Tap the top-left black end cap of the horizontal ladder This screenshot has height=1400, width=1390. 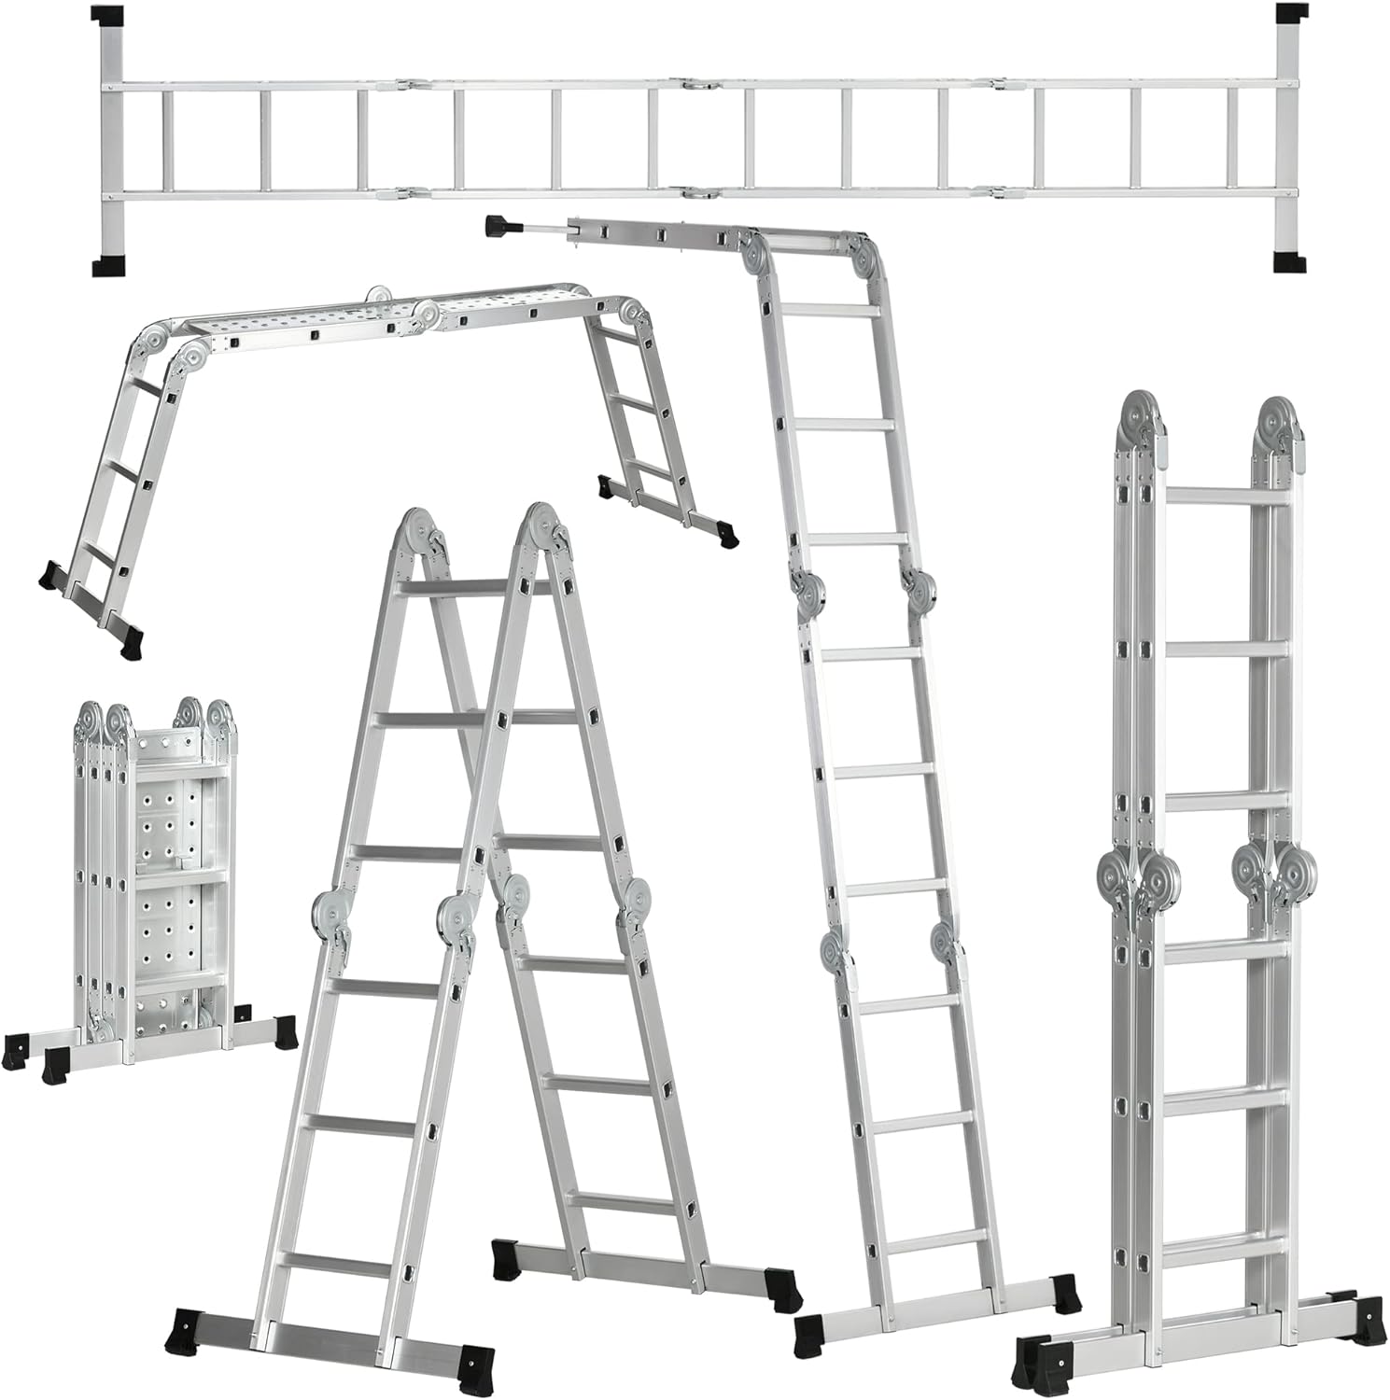(x=108, y=16)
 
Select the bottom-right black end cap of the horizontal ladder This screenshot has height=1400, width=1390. (x=1289, y=260)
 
